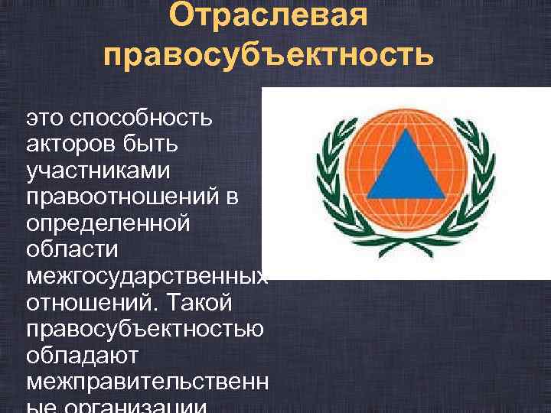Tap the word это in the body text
(45, 119)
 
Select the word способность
(143, 119)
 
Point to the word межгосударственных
(145, 275)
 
